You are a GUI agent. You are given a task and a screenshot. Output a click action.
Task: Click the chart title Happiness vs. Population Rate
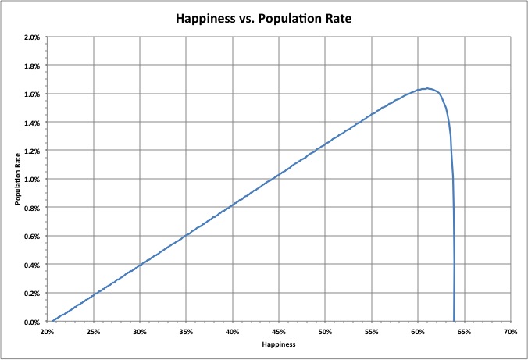[263, 16]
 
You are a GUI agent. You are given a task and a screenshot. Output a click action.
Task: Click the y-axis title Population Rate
[16, 180]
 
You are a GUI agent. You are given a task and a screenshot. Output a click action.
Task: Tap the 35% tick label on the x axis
[186, 331]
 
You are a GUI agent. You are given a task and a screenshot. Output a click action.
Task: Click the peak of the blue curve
[427, 88]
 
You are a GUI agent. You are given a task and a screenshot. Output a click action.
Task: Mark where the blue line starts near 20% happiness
[52, 321]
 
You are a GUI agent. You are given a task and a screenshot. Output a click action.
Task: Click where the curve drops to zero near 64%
[454, 321]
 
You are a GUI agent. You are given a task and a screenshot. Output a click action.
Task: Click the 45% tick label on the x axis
[279, 331]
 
